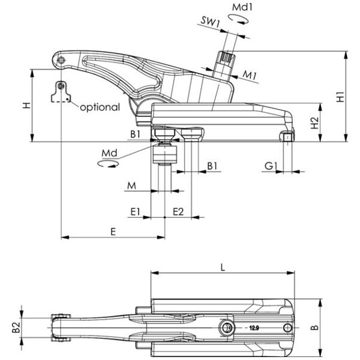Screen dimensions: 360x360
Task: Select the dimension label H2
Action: coord(314,123)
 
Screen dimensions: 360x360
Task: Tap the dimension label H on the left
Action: coord(26,106)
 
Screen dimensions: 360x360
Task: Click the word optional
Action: coord(100,107)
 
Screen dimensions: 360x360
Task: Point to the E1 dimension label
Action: coord(135,211)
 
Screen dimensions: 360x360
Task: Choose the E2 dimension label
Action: coord(178,211)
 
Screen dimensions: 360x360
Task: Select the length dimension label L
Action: coord(223,268)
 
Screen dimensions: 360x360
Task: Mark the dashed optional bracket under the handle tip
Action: coord(60,93)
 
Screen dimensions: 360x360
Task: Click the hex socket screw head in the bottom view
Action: coord(227,328)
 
